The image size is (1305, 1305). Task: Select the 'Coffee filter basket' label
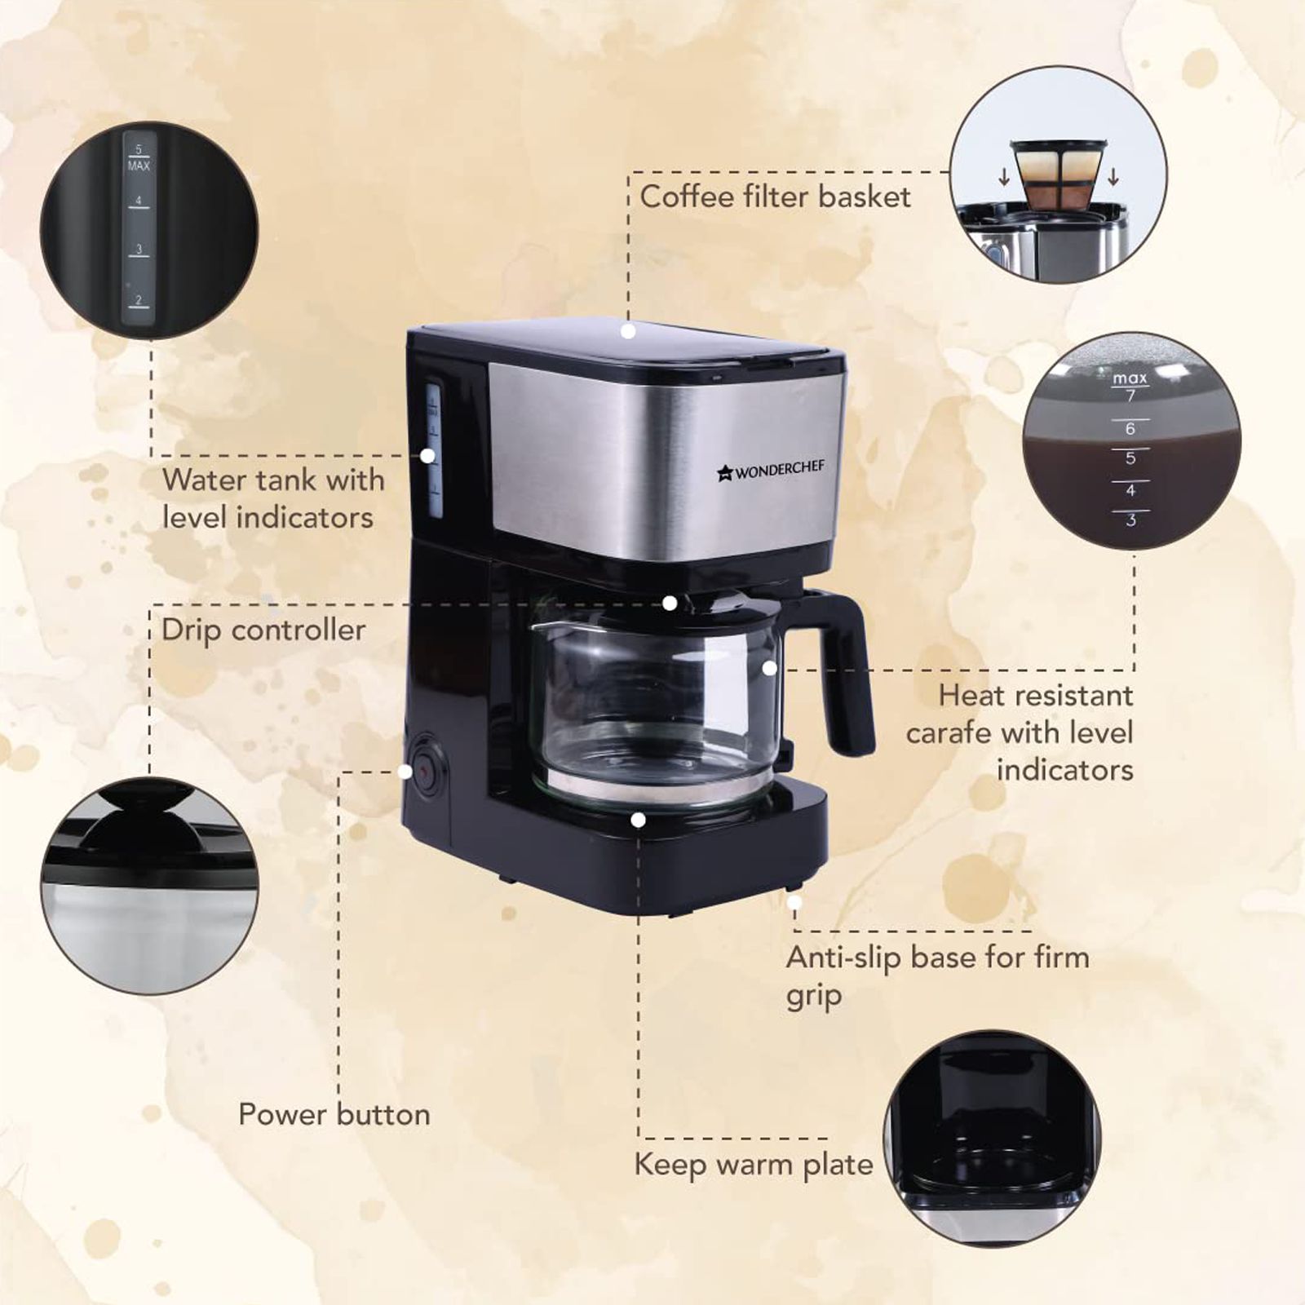click(775, 197)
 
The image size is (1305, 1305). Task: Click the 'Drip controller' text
click(263, 630)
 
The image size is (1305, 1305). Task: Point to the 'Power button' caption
click(334, 1115)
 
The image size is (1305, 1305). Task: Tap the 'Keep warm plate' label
click(753, 1165)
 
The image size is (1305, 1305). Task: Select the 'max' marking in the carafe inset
click(1130, 378)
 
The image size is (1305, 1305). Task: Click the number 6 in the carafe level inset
click(1130, 429)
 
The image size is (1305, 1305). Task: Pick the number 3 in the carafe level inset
click(1130, 520)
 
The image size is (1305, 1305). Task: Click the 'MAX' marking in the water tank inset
click(139, 166)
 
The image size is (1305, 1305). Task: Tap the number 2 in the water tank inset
click(139, 300)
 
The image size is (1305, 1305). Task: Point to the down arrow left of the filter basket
click(1005, 176)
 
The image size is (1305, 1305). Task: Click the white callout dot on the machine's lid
click(627, 331)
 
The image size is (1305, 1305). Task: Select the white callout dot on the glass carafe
click(769, 668)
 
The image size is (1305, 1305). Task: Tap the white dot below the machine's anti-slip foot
click(794, 903)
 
